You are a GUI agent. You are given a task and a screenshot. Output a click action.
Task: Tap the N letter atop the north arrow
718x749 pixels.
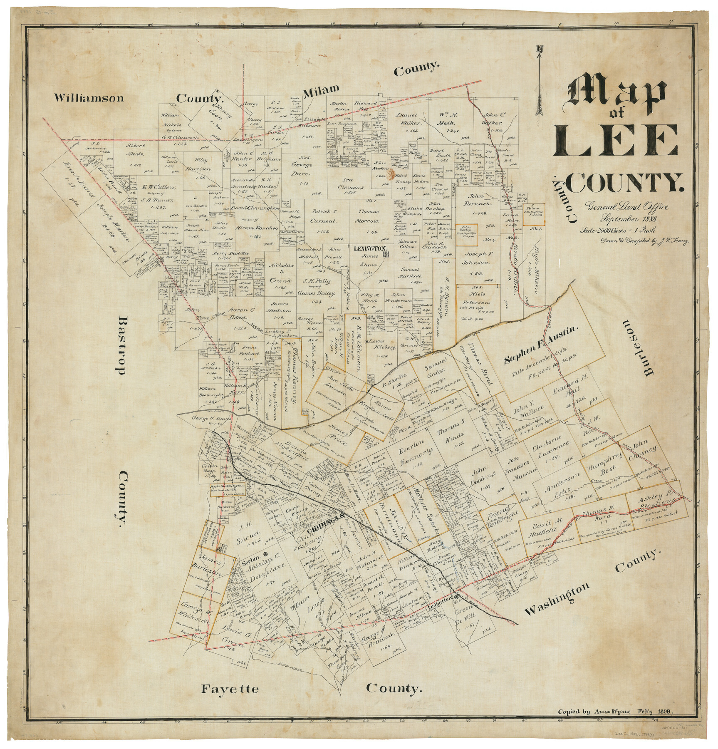(x=540, y=49)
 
